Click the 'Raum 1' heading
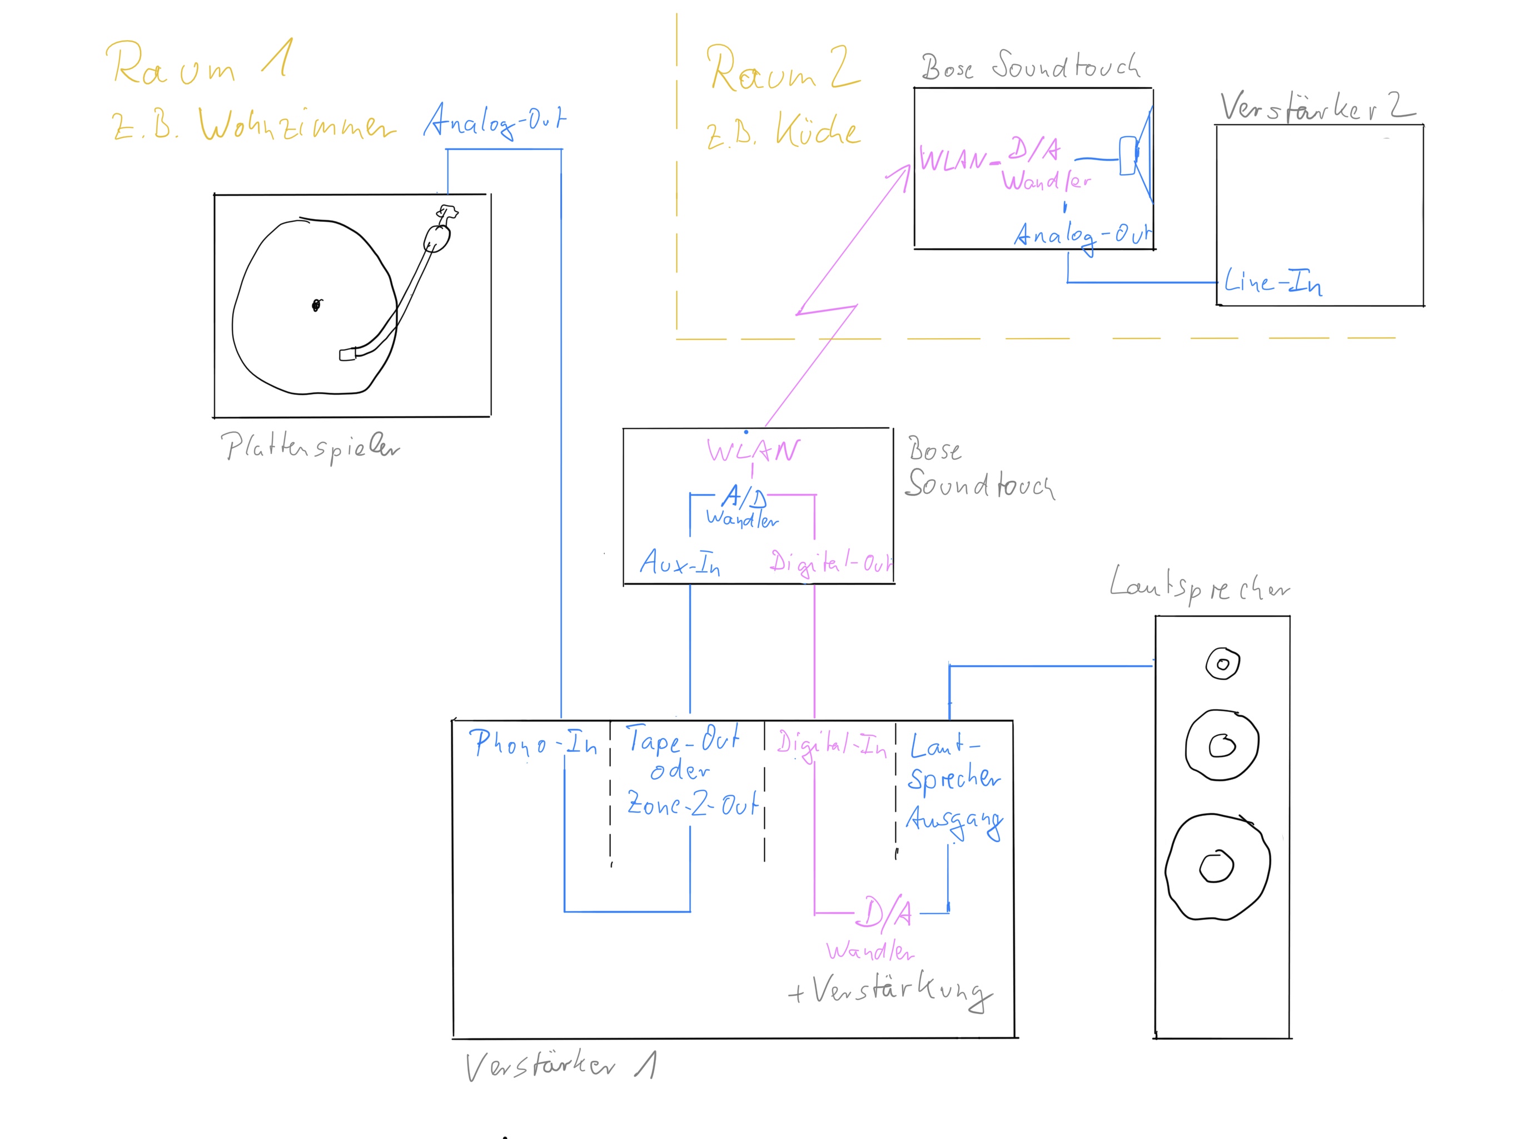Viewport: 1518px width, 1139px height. pos(199,63)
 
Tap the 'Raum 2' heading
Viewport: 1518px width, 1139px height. pos(782,68)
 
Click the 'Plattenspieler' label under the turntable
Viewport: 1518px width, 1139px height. pos(309,447)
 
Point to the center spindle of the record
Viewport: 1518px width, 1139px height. pos(316,305)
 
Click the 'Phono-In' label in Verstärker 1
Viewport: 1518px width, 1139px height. pos(532,743)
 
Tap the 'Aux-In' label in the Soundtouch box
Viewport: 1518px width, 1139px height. pos(679,563)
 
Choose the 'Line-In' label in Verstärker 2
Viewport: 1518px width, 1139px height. pos(1273,282)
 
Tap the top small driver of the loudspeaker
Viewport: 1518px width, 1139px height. pos(1222,664)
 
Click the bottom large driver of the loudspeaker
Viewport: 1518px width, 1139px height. pos(1217,866)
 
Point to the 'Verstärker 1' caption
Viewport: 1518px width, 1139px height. pos(560,1065)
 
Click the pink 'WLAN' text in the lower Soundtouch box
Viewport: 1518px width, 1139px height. pos(753,451)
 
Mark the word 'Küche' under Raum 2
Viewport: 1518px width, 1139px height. pos(817,131)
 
